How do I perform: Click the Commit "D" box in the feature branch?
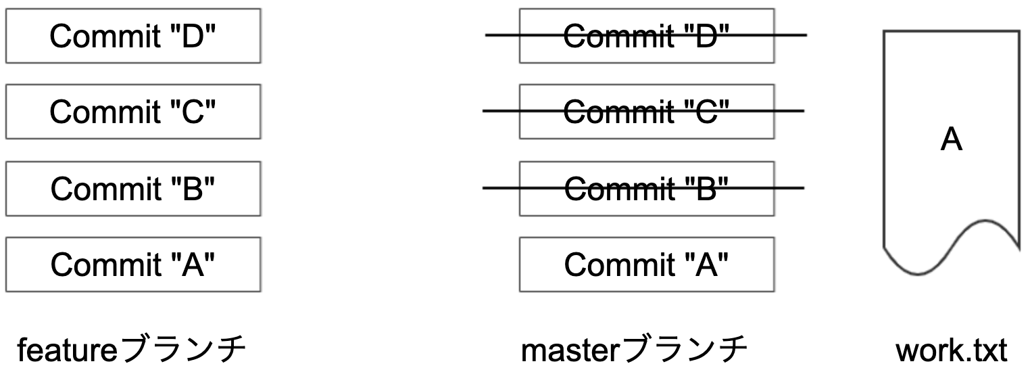coord(133,35)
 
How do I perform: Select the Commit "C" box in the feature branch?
coord(133,112)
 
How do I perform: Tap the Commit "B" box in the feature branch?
coord(133,188)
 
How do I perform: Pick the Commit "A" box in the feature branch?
coord(133,264)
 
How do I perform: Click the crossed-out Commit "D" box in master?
coord(646,35)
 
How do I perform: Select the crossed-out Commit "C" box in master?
coord(646,112)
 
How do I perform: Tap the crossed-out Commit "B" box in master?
coord(646,188)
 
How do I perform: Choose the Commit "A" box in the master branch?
coord(646,264)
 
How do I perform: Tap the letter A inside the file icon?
coord(952,141)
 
